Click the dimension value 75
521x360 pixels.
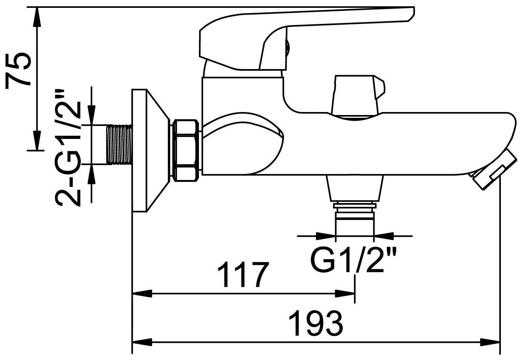click(18, 71)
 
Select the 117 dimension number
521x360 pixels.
click(243, 274)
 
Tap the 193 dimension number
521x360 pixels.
click(316, 323)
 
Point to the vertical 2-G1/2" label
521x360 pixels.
click(68, 147)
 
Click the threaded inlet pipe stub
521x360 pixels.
click(119, 144)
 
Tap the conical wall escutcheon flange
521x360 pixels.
click(151, 150)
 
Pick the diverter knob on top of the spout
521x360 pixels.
click(358, 95)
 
